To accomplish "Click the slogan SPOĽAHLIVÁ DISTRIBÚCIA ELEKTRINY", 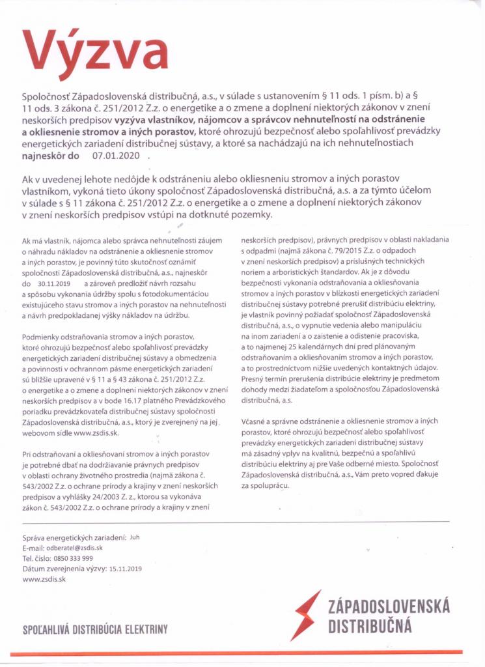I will pos(95,629).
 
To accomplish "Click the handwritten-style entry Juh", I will pos(135,537).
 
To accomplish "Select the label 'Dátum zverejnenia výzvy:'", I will pos(64,569).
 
